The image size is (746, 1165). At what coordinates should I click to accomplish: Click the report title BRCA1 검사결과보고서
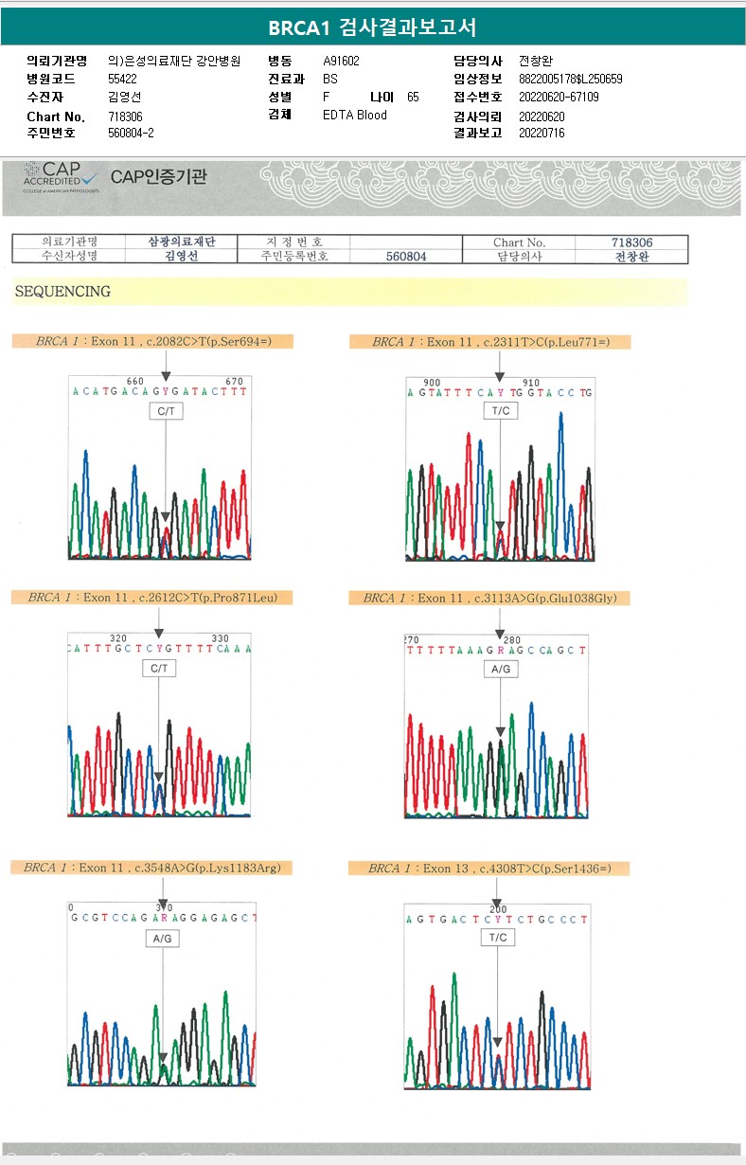[x=372, y=27]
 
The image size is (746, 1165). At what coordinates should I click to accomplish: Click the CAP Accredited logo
[x=61, y=177]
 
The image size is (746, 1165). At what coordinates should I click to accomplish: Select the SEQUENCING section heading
[x=62, y=292]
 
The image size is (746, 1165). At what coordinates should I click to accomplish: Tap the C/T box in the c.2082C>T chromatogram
[x=166, y=412]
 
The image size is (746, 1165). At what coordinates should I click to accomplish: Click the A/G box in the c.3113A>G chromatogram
[x=501, y=669]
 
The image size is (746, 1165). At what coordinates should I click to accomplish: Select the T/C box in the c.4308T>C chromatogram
[x=498, y=938]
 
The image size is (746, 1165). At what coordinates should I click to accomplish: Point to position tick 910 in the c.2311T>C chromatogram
[x=531, y=383]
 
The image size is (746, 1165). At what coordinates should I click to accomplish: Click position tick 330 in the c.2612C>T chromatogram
[x=220, y=638]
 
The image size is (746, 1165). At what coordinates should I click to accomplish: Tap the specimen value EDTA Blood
[x=355, y=116]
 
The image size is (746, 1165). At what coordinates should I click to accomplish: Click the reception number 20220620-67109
[x=559, y=97]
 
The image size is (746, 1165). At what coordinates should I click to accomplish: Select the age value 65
[x=413, y=97]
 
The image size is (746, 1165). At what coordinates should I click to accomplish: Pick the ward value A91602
[x=341, y=61]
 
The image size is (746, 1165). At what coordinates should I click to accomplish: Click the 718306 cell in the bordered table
[x=631, y=242]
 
